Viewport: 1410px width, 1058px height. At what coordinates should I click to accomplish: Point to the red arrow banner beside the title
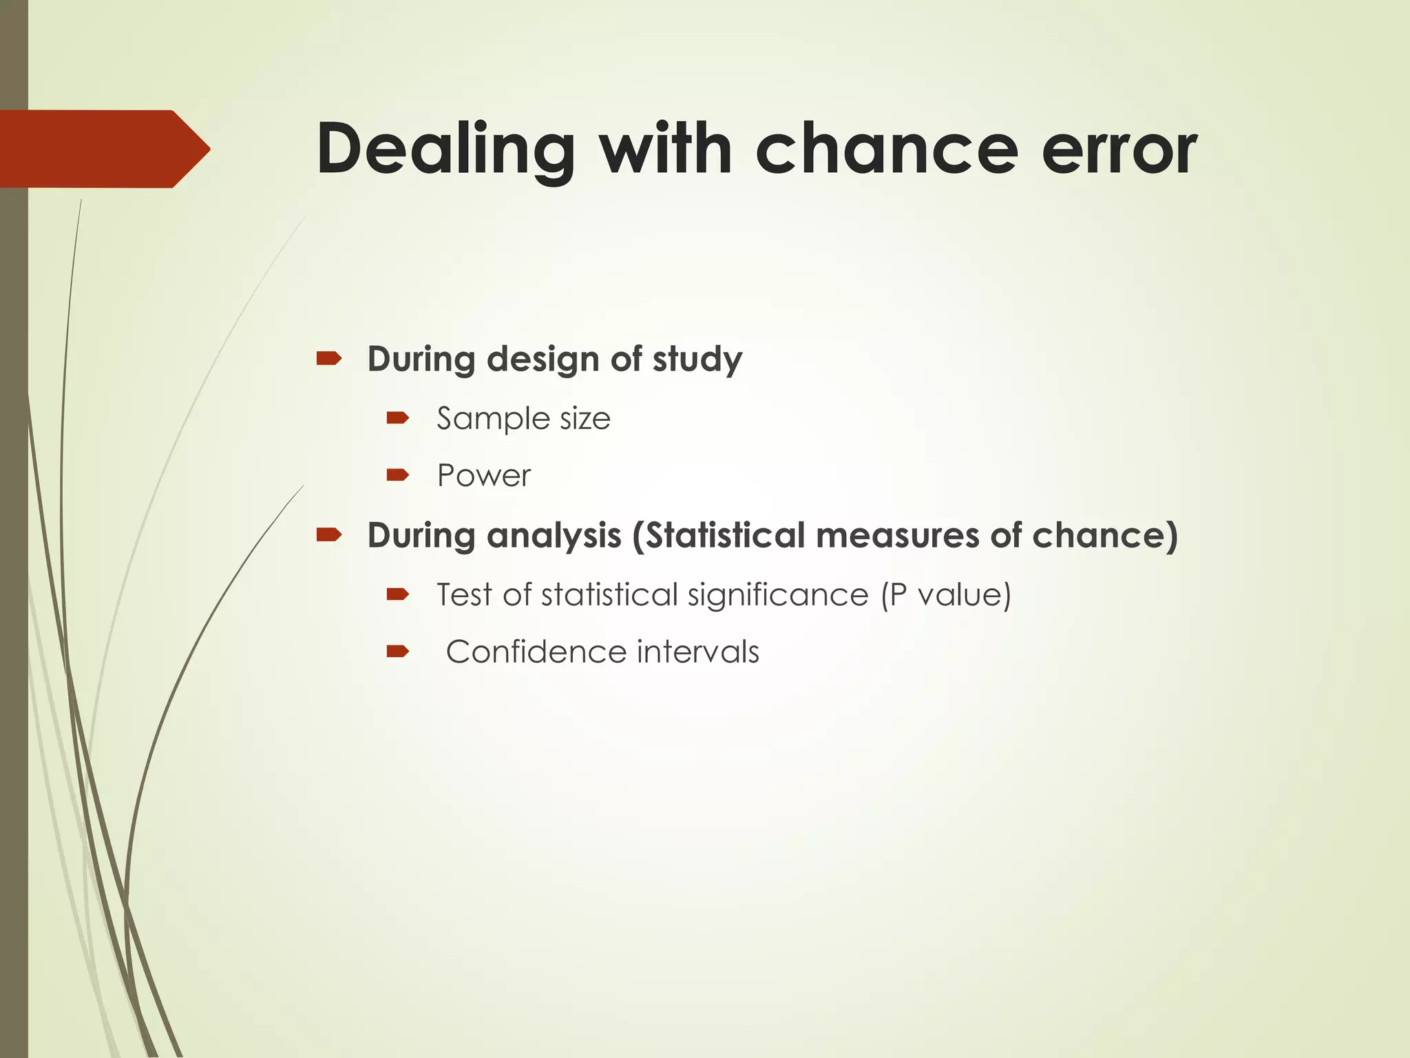[103, 149]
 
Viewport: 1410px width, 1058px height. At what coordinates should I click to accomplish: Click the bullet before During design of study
[329, 358]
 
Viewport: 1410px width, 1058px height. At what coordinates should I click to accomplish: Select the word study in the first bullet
[697, 360]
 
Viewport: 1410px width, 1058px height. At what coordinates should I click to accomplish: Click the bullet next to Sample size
[398, 417]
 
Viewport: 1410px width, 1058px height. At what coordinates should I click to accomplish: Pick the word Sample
[493, 419]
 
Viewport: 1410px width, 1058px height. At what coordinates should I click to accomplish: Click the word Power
[484, 475]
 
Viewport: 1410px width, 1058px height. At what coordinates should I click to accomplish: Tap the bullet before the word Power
[398, 475]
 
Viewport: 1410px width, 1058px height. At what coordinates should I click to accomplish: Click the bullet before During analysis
[329, 535]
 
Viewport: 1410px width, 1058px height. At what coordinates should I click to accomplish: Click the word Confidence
[536, 652]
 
